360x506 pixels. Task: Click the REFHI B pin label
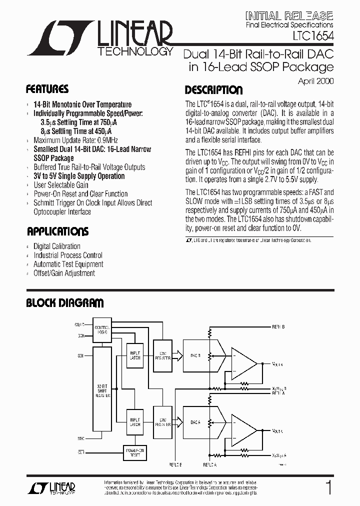coord(278,327)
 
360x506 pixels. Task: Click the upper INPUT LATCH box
coord(135,355)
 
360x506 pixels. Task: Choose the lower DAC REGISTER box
coord(162,421)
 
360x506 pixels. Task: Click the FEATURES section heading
coord(47,89)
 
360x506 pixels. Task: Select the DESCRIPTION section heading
coord(213,90)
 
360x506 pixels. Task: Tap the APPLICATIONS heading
coord(57,231)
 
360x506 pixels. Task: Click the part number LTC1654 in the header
coord(313,36)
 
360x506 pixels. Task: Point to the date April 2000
coord(315,80)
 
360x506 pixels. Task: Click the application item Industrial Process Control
coord(67,255)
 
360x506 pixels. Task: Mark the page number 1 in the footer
coord(328,487)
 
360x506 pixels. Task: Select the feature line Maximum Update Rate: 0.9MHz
coord(75,140)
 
